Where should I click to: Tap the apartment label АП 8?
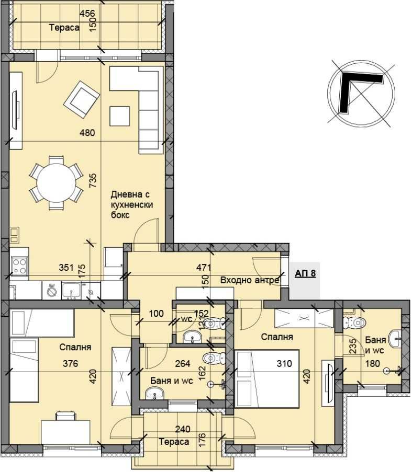305,273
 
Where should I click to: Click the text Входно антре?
249,281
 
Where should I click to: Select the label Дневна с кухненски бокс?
131,204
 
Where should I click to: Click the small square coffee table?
120,116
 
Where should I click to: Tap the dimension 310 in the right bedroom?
282,363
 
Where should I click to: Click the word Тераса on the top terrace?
64,28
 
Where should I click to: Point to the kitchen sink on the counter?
71,289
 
